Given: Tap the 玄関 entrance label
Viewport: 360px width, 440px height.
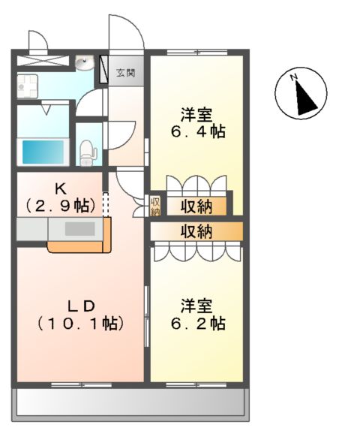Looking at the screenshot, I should pyautogui.click(x=124, y=73).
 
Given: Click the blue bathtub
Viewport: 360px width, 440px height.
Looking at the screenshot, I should pyautogui.click(x=43, y=151).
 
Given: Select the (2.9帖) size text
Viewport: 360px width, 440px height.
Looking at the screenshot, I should pyautogui.click(x=60, y=204).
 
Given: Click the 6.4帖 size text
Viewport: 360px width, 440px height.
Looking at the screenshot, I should pyautogui.click(x=196, y=132).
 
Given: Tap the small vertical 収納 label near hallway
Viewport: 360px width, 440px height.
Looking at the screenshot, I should pyautogui.click(x=155, y=205).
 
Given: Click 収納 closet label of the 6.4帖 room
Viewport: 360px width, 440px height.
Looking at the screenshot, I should pyautogui.click(x=195, y=205).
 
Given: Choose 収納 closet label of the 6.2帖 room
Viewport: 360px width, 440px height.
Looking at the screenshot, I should pyautogui.click(x=195, y=231).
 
